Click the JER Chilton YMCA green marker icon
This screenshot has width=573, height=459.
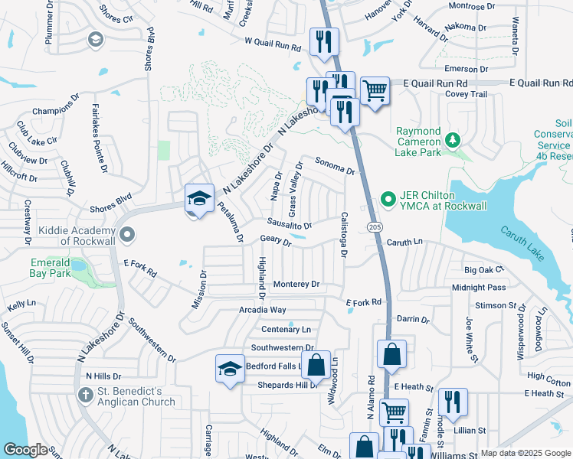388,201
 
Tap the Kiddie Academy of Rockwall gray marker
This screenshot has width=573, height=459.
127,234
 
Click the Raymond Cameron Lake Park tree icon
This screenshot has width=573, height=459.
453,139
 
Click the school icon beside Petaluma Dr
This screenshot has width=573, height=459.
199,197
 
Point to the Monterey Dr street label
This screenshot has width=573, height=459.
296,284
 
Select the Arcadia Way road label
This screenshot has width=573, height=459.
263,310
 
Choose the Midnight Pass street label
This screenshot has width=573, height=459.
479,288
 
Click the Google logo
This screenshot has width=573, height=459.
25,450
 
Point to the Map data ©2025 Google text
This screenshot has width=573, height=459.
524,453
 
